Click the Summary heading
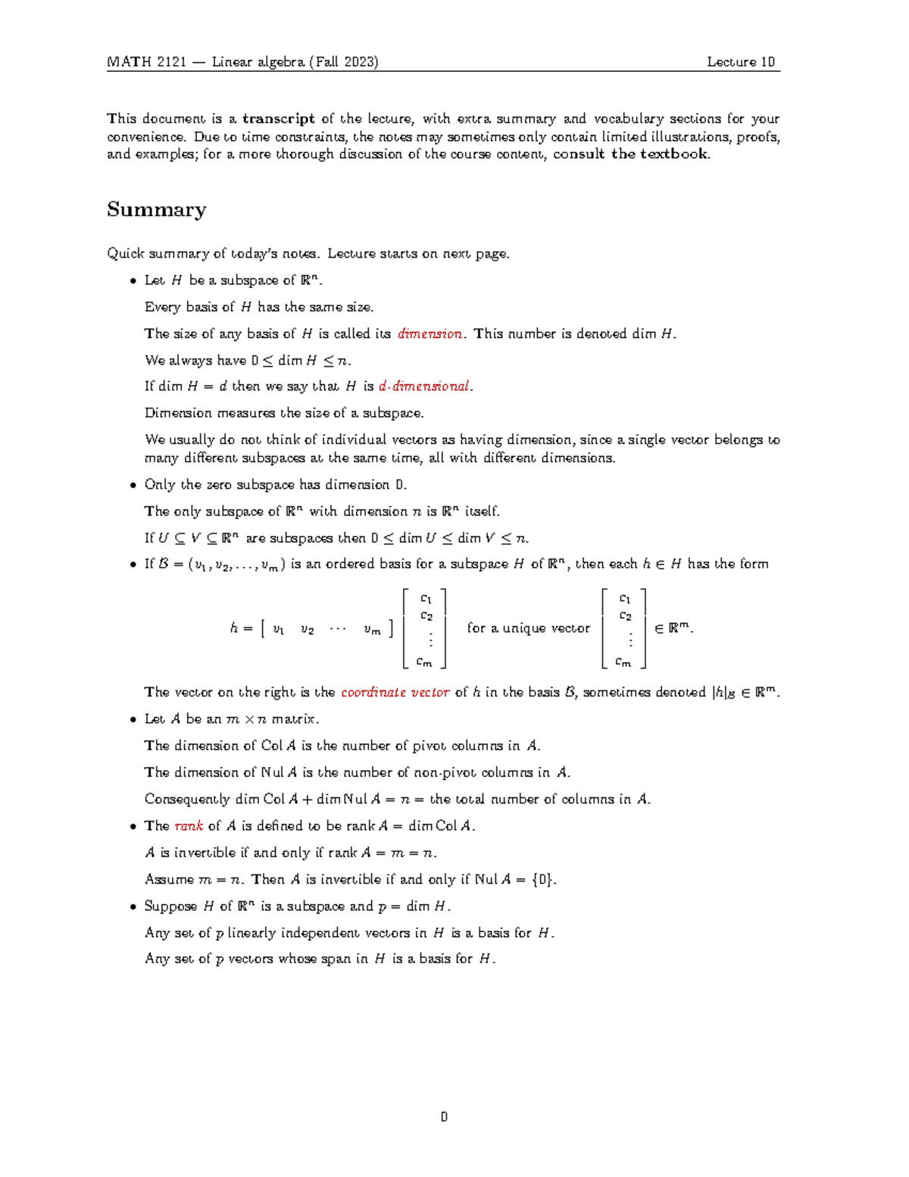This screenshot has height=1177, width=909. pyautogui.click(x=156, y=210)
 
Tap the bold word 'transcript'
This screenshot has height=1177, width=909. pyautogui.click(x=278, y=119)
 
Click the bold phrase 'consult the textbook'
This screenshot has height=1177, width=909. pyautogui.click(x=630, y=155)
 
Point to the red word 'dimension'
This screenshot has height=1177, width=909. pyautogui.click(x=430, y=334)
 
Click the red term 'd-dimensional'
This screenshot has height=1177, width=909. pyautogui.click(x=424, y=387)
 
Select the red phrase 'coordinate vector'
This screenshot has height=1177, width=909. pyautogui.click(x=395, y=693)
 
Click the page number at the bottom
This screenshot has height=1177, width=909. pyautogui.click(x=444, y=1117)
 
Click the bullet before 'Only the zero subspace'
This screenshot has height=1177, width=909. pyautogui.click(x=133, y=485)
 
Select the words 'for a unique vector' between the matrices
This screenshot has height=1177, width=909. pyautogui.click(x=528, y=628)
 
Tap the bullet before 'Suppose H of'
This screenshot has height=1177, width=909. pyautogui.click(x=133, y=906)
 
